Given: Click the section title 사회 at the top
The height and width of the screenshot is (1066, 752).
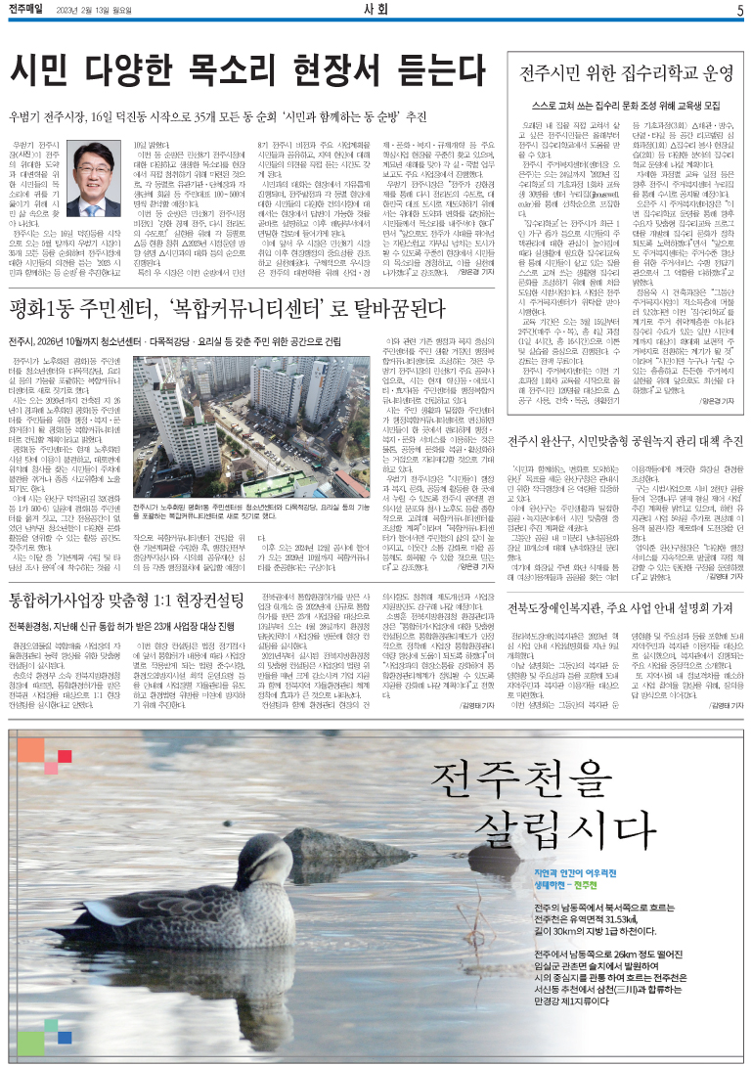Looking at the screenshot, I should click(376, 11).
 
